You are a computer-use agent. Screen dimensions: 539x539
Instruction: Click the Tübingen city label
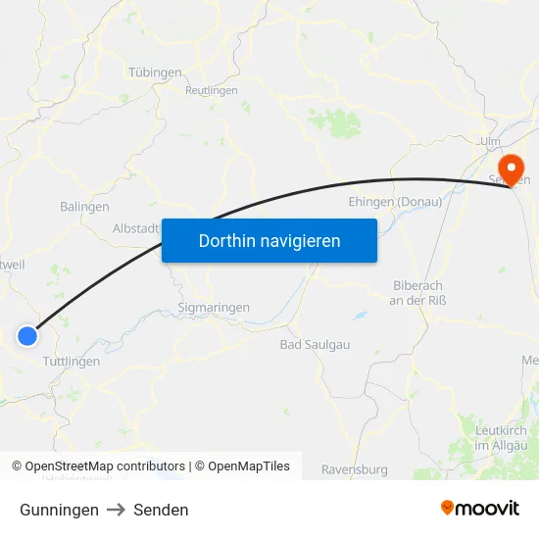pos(155,73)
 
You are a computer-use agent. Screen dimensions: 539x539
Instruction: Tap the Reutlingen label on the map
pos(212,90)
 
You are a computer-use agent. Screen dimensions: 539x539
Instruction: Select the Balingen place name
pos(84,207)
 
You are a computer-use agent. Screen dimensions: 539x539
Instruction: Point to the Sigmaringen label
pos(214,307)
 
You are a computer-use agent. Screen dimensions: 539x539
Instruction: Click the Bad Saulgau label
pos(315,344)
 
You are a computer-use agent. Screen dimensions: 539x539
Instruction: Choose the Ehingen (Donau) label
pos(395,201)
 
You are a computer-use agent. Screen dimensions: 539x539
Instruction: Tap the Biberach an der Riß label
pos(417,292)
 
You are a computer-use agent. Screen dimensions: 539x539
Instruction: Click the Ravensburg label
pos(354,468)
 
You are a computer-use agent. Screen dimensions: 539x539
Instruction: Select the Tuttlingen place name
pos(71,361)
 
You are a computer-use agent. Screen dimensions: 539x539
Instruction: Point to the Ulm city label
pos(490,142)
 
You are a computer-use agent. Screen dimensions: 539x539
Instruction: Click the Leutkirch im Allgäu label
pos(500,438)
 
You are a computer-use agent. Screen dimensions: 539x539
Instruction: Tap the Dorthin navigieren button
pos(269,240)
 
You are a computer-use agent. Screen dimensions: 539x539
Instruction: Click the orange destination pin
pos(511,170)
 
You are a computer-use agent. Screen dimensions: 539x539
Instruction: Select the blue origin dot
pos(27,336)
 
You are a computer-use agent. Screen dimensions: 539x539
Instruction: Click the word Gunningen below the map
pos(59,510)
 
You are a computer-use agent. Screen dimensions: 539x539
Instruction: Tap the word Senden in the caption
pos(161,510)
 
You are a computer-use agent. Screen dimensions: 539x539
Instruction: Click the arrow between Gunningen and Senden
pos(116,510)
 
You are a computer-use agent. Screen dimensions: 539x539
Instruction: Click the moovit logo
pos(479,508)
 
